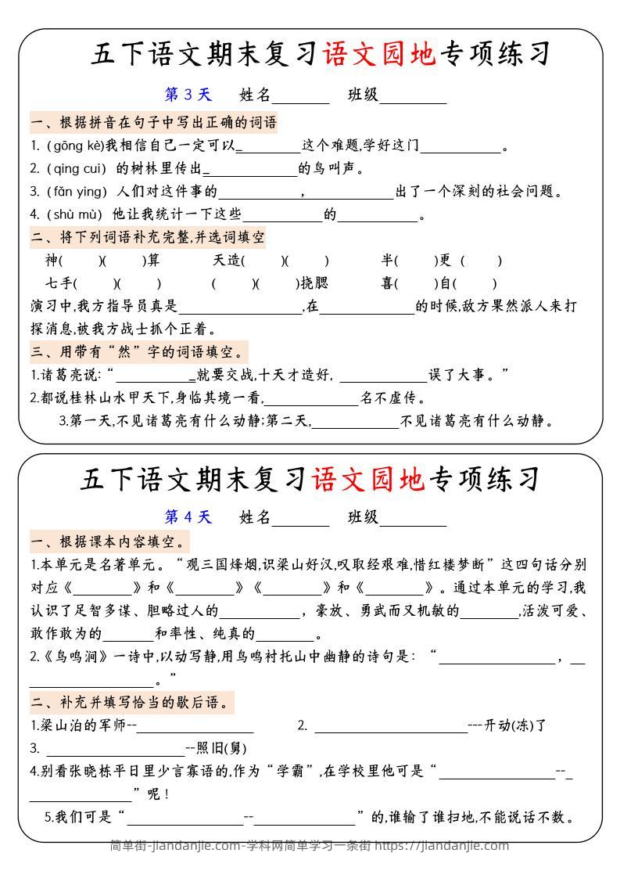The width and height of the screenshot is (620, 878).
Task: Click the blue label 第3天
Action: (188, 95)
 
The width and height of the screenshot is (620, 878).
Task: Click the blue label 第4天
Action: (188, 516)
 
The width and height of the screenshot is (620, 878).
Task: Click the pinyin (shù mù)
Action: (75, 214)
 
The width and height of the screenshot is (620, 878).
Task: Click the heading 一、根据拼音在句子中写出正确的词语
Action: (154, 122)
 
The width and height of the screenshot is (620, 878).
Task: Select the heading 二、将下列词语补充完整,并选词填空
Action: (148, 236)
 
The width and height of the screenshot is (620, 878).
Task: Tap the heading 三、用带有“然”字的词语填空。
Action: (138, 351)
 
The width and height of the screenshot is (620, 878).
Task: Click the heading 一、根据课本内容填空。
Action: (109, 542)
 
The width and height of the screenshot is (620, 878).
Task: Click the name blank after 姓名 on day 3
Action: (301, 96)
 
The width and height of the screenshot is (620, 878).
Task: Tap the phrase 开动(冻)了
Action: (515, 725)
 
